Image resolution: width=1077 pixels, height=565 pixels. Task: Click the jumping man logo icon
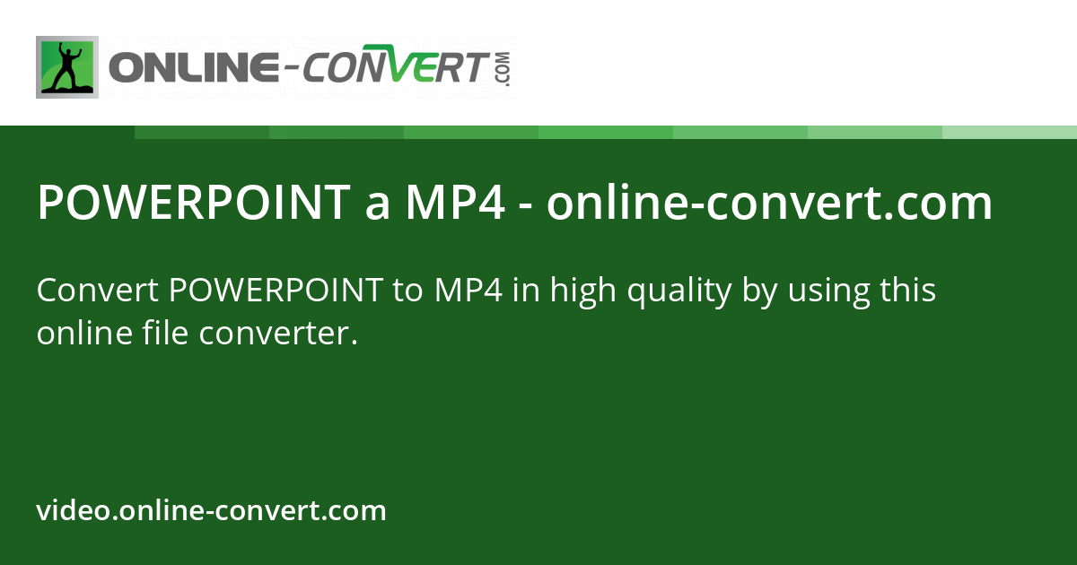[x=67, y=67]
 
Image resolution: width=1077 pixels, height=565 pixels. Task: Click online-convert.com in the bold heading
[x=769, y=204]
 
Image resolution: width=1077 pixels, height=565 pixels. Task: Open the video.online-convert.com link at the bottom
[x=212, y=511]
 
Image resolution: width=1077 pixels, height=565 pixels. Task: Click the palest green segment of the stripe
[x=1010, y=132]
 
